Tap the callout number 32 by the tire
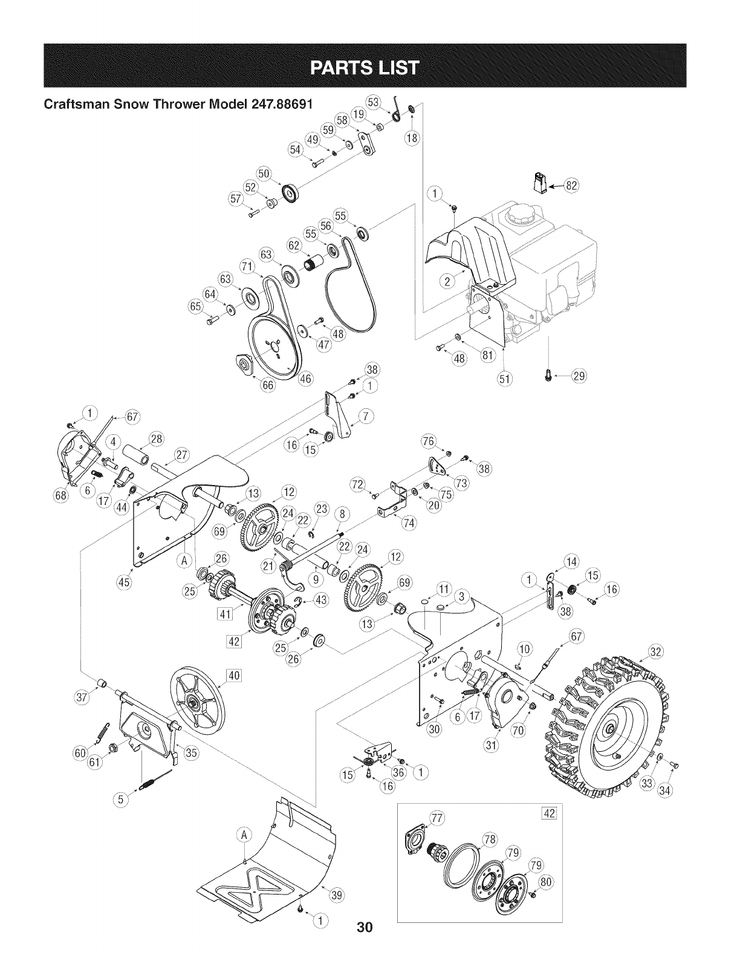tap(655, 652)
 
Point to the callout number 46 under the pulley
tap(306, 379)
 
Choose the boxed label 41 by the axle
tap(226, 615)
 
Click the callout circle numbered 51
tap(505, 379)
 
